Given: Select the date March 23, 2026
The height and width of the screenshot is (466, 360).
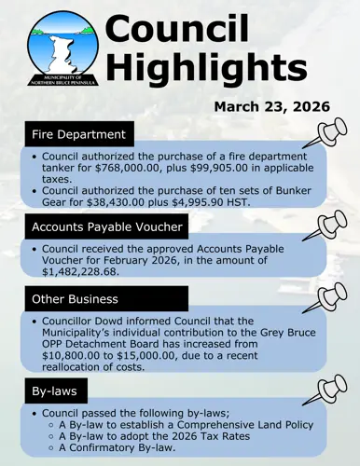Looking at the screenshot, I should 271,105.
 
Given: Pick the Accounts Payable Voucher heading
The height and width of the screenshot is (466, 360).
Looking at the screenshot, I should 104,226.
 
